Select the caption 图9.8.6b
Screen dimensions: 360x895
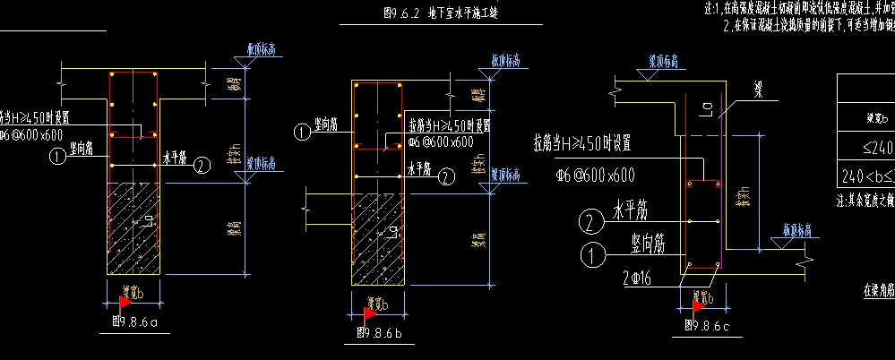[379, 332]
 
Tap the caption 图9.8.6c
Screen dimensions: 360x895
[705, 325]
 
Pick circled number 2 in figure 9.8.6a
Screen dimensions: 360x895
[202, 165]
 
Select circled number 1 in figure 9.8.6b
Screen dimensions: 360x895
[303, 132]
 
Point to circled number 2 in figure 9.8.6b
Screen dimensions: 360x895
[446, 177]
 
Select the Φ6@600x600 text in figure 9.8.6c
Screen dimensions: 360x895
[596, 176]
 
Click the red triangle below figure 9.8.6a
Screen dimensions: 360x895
[125, 300]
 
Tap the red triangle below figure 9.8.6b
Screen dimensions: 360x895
[369, 313]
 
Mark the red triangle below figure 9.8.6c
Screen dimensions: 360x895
[699, 305]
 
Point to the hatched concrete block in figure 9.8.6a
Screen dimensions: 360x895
[133, 228]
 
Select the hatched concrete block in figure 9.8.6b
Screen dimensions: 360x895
[379, 237]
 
